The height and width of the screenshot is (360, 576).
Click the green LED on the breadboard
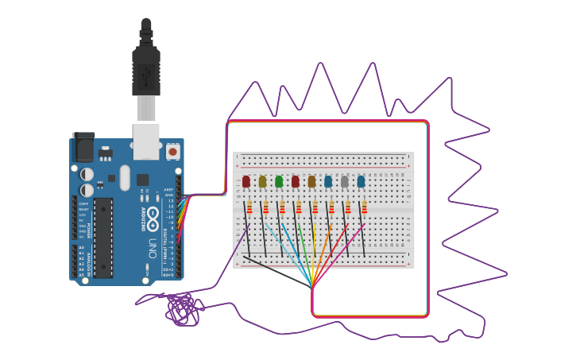279,182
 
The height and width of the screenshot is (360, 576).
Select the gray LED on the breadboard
345,182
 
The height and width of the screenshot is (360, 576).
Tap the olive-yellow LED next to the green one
262,182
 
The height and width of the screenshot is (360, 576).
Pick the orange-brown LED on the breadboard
311,182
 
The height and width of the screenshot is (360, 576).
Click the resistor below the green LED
282,208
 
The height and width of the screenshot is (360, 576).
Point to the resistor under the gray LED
348,208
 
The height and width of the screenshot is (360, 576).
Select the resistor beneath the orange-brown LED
315,208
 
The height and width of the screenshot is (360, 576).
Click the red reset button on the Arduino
172,151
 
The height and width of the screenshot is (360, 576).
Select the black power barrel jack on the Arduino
83,148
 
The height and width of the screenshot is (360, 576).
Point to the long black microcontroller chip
102,238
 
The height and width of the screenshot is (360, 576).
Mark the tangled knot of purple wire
182,309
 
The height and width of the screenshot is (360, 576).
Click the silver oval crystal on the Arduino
125,178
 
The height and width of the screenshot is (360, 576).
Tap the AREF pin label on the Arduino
168,190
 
